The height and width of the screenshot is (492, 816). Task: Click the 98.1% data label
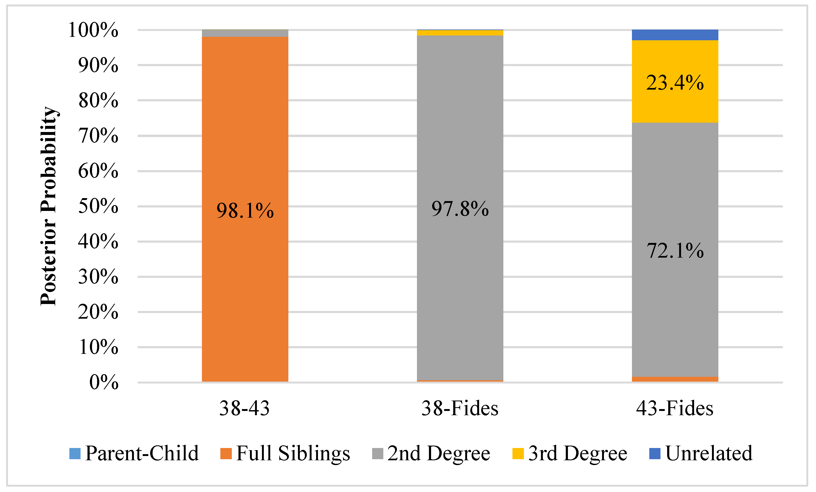click(245, 211)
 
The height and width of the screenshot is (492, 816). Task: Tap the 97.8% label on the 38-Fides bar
click(460, 209)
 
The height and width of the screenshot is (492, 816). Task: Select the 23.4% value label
click(675, 83)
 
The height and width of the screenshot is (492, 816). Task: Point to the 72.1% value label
click(675, 251)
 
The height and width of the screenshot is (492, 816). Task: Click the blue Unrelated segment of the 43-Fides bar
click(675, 35)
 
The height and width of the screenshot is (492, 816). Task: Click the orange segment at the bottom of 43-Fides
click(675, 379)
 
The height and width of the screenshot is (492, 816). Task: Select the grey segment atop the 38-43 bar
click(245, 33)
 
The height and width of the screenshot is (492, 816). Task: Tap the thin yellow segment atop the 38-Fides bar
click(460, 33)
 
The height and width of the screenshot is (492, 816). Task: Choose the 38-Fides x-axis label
click(460, 408)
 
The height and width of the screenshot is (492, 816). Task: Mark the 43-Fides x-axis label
click(675, 408)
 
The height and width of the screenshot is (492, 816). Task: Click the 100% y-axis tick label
click(93, 30)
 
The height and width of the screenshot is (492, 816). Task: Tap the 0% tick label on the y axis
click(104, 382)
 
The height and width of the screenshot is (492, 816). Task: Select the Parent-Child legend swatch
click(75, 453)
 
